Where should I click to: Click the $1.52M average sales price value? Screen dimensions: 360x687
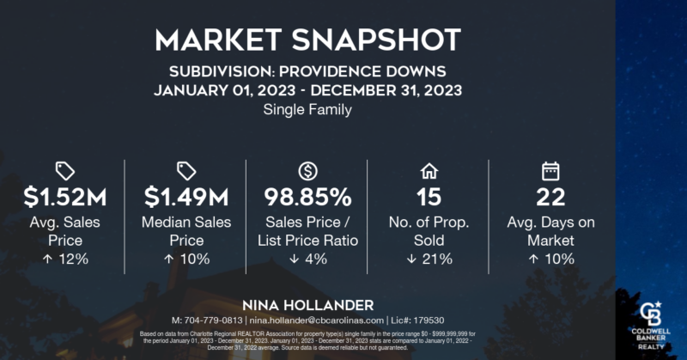click(x=64, y=198)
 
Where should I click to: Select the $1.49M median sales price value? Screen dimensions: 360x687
click(x=185, y=198)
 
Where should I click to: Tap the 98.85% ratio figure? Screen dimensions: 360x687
click(x=307, y=198)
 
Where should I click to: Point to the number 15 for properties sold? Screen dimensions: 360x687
click(x=428, y=198)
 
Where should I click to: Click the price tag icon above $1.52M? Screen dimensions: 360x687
click(x=64, y=169)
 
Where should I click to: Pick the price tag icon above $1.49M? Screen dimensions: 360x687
click(x=185, y=169)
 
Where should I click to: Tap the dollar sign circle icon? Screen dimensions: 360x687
click(x=307, y=169)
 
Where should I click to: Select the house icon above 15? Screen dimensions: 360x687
click(x=428, y=169)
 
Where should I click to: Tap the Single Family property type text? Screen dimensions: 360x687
click(x=307, y=111)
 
